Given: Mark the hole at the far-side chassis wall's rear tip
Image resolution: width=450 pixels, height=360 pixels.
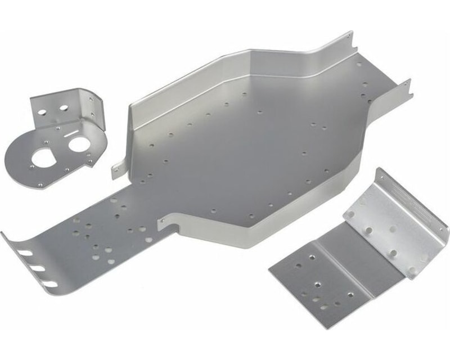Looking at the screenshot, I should pos(349,37).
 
